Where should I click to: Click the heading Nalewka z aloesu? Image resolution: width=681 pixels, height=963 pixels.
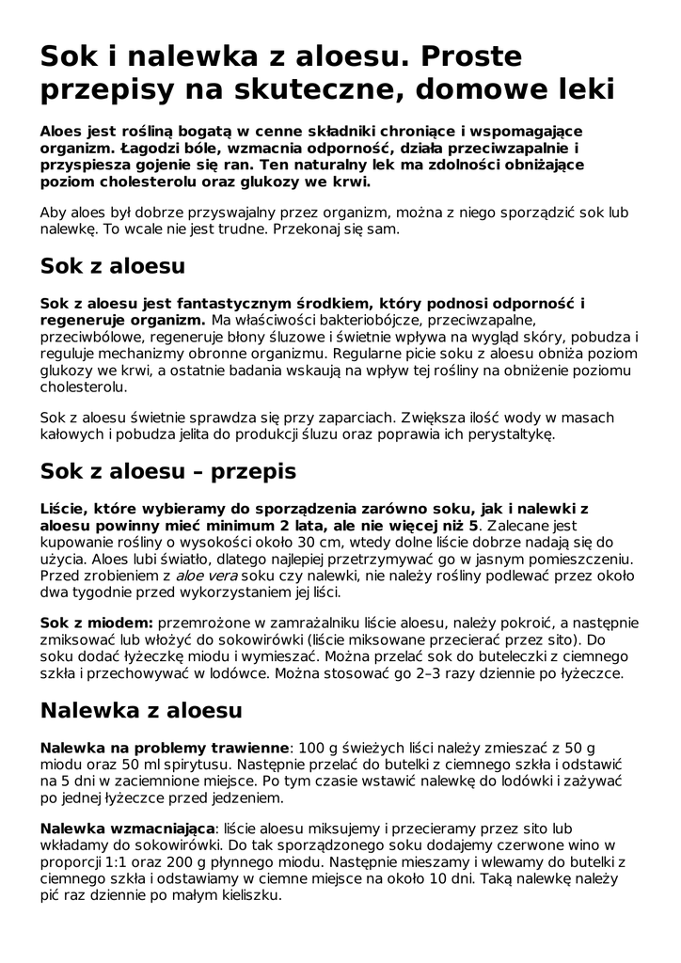pyautogui.click(x=141, y=710)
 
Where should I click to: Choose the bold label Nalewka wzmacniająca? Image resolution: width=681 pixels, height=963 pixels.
pyautogui.click(x=128, y=828)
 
